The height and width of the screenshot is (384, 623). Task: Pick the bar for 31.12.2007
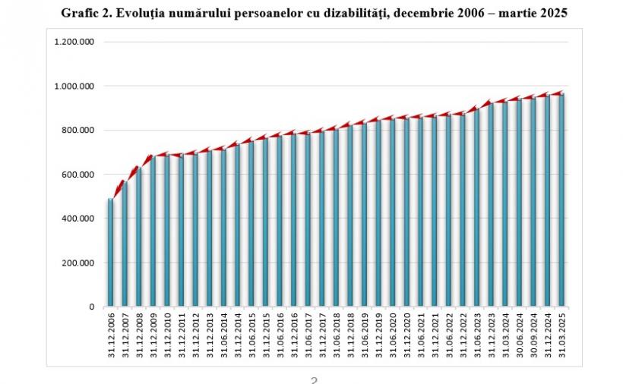point(125,243)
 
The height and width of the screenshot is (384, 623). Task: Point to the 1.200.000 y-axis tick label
point(74,42)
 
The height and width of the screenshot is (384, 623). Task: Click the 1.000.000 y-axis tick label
point(74,86)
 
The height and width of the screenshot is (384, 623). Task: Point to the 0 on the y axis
point(90,307)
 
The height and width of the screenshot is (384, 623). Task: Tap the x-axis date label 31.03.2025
point(563,333)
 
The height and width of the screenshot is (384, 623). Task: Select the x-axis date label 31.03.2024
point(506,333)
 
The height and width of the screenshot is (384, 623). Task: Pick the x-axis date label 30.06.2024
point(520,333)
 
